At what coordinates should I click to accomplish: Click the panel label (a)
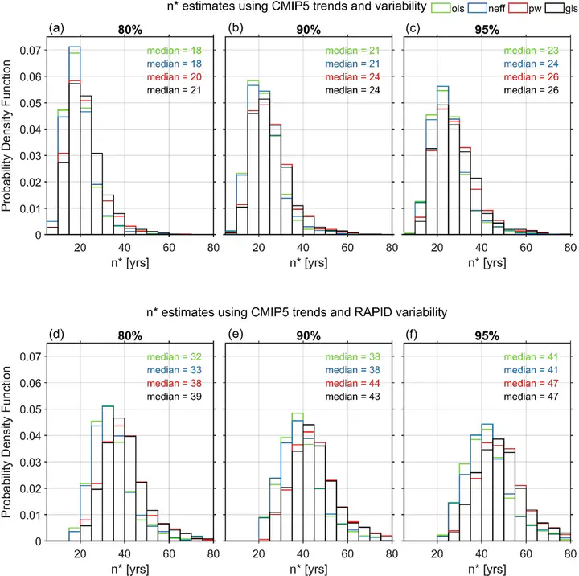(x=56, y=29)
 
